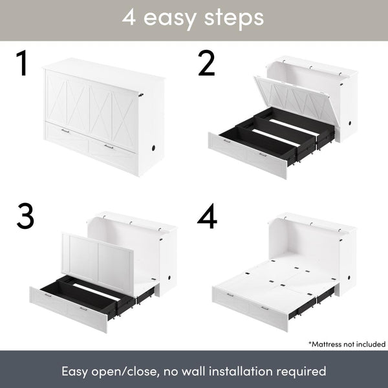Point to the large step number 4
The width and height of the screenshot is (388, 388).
(207, 218)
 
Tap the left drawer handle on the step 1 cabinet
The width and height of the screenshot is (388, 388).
(65, 131)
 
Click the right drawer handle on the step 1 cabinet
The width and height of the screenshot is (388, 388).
(109, 147)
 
